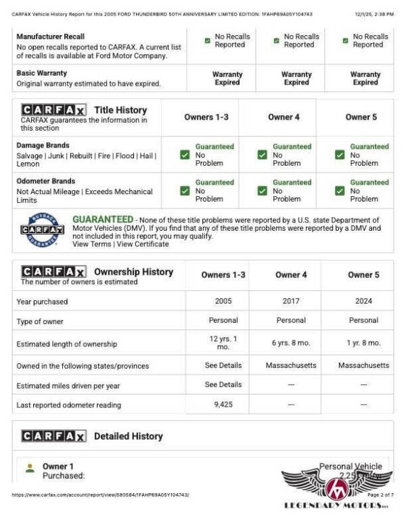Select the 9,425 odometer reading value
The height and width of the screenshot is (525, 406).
tap(223, 405)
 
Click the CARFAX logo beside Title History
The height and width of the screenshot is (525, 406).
tap(53, 110)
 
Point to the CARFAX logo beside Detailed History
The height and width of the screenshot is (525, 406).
tap(53, 436)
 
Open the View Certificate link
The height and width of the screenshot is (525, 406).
tap(143, 244)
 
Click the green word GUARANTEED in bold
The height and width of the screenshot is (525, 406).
tap(103, 220)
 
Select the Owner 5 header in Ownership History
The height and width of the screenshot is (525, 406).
tap(363, 275)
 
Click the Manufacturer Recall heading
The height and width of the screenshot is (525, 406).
tap(60, 36)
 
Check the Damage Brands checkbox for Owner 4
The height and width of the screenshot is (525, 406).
tap(262, 155)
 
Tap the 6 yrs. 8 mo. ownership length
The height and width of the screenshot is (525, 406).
tap(290, 344)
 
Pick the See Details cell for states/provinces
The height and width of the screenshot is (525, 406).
tap(223, 365)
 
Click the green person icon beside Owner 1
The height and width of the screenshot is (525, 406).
tap(29, 467)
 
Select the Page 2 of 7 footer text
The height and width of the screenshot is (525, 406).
tap(380, 495)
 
